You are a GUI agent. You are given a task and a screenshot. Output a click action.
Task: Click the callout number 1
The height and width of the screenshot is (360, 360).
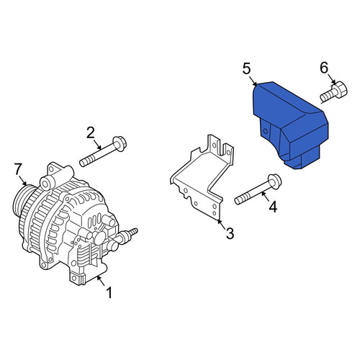click(109, 293)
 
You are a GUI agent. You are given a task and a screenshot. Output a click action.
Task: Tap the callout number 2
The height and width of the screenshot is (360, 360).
click(91, 133)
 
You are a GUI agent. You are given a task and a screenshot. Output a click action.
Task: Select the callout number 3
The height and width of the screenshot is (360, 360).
click(230, 233)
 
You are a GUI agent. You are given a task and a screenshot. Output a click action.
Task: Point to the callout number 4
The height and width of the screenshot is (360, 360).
click(273, 207)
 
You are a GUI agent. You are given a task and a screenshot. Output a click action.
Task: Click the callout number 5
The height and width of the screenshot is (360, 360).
click(247, 68)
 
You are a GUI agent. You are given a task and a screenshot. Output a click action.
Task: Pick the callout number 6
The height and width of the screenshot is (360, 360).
click(324, 68)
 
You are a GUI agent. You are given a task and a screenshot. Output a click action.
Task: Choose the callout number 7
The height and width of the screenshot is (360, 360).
click(18, 169)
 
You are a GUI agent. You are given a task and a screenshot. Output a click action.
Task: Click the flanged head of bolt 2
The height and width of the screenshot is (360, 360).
click(120, 143)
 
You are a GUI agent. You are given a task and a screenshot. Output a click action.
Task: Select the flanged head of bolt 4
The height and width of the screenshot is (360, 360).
click(274, 181)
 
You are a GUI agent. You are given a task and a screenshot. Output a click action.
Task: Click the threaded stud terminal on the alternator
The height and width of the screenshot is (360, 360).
click(132, 233)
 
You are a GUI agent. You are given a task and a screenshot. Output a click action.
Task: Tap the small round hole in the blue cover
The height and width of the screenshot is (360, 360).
click(265, 131)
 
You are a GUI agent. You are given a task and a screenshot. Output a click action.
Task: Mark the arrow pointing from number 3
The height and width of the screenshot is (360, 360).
click(222, 224)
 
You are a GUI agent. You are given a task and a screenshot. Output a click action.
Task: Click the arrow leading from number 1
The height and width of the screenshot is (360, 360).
click(102, 281)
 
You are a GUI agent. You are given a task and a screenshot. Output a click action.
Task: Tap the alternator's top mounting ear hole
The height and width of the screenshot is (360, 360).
click(51, 169)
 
